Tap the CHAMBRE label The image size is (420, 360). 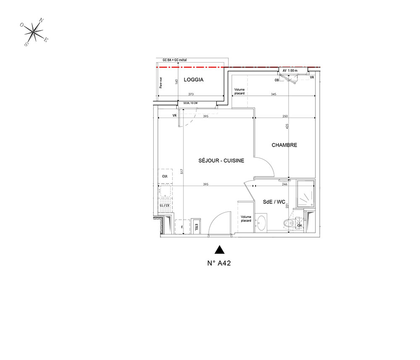click(284, 145)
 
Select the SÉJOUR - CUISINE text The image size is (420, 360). click(221, 160)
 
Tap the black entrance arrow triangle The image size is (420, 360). click(219, 250)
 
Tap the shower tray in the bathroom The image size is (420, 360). click(306, 194)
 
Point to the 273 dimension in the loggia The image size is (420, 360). click(191, 95)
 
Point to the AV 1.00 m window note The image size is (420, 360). click(290, 70)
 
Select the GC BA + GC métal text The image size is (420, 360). click(171, 60)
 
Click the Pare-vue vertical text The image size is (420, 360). click(161, 82)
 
